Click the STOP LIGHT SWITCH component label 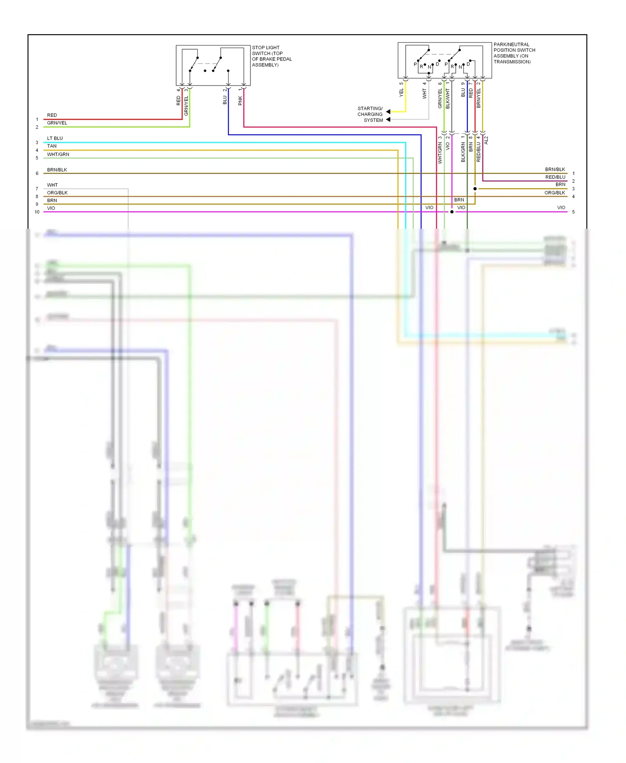[x=271, y=56]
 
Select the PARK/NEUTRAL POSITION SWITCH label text [x=514, y=53]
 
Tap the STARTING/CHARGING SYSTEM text [x=370, y=114]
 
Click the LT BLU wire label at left [x=55, y=138]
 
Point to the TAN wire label [x=52, y=146]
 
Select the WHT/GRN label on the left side [x=58, y=154]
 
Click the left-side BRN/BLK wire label [x=57, y=170]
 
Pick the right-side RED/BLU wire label [x=555, y=177]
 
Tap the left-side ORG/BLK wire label [x=57, y=193]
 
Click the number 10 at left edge [x=37, y=212]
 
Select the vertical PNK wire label [x=240, y=101]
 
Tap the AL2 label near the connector [x=486, y=140]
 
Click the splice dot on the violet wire [x=452, y=212]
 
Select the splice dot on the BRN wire [x=475, y=189]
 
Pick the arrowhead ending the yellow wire [x=388, y=112]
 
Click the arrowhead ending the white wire [x=388, y=120]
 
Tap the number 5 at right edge [x=573, y=212]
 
